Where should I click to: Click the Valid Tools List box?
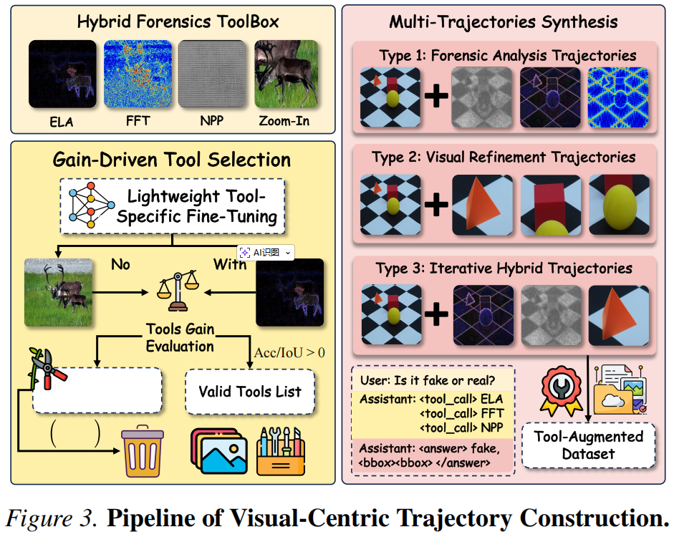250,392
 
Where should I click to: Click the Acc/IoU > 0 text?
289,352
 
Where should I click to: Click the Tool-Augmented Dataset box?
588,445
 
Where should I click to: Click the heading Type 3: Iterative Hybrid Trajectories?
504,268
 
